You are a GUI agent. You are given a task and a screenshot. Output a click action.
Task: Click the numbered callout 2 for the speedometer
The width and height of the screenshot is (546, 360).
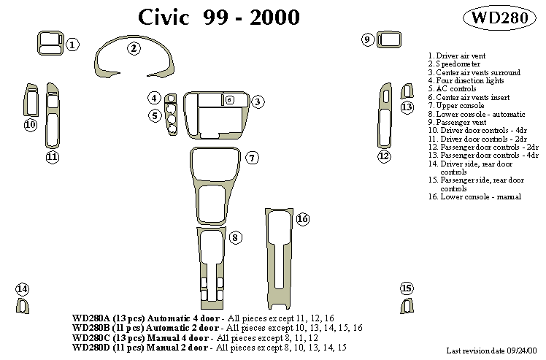tap(134, 49)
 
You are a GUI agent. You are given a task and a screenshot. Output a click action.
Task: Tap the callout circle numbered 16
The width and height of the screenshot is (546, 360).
tap(302, 219)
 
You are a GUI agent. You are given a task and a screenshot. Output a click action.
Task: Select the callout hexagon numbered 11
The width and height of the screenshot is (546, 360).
tap(52, 156)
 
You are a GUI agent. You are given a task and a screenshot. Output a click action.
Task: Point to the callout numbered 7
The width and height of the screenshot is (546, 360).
tap(251, 158)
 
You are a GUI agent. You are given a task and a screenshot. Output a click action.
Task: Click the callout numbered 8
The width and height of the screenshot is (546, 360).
tap(235, 238)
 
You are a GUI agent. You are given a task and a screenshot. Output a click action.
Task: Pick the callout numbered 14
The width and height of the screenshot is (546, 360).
tap(23, 289)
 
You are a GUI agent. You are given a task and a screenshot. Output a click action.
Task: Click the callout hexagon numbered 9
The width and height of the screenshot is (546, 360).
tap(368, 39)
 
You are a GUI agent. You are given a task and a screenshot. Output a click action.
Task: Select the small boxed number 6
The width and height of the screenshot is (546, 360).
tap(228, 100)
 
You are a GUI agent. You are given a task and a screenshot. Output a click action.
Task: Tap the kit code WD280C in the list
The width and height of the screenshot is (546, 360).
tap(91, 337)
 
